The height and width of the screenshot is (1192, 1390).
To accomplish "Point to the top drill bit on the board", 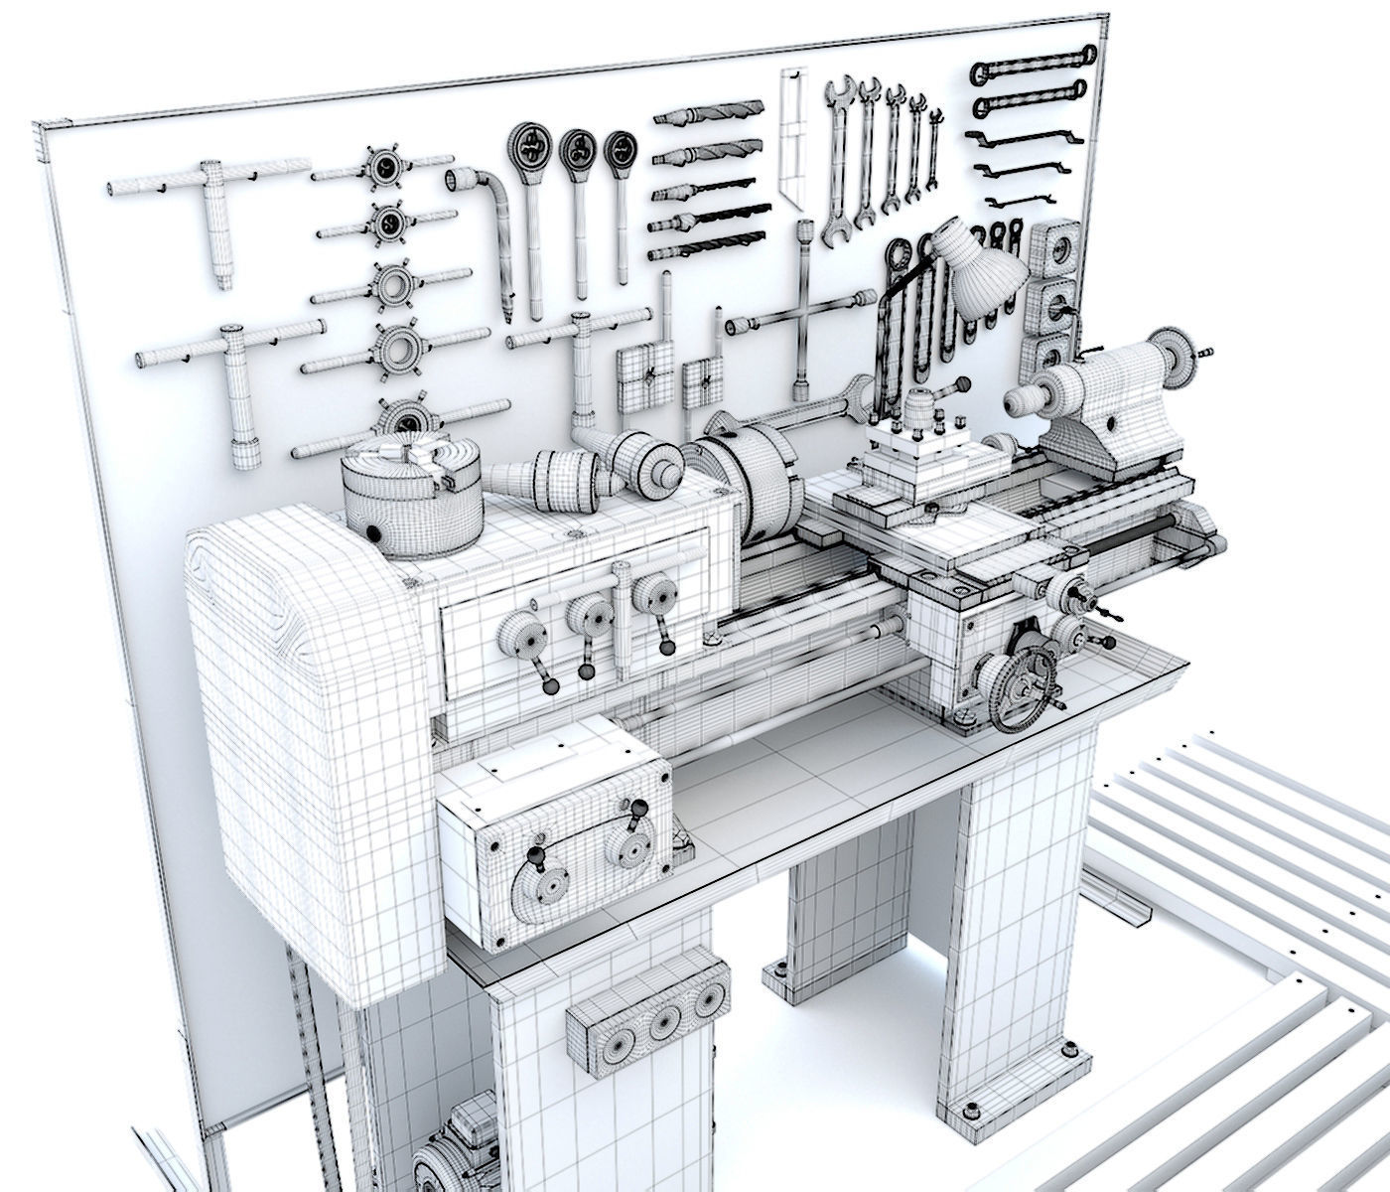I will (709, 112).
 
